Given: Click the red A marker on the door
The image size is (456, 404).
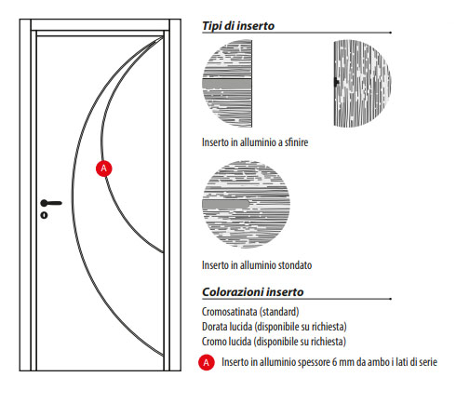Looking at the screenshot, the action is point(103,168).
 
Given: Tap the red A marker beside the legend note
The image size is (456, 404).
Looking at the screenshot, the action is point(207,362).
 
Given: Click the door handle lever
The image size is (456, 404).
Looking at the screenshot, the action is point(51,203).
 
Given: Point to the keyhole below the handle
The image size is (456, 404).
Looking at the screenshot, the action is point(44,215).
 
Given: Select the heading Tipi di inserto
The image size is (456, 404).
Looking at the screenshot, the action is point(238,26).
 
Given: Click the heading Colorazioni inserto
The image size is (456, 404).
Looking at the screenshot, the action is point(253,292).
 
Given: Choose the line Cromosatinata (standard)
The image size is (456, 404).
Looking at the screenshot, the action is point(250,312).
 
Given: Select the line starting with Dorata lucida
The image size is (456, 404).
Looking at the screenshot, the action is point(275,327).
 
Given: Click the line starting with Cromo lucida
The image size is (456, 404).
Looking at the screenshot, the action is point(274,342).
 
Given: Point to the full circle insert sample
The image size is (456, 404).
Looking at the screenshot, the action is point(246,205).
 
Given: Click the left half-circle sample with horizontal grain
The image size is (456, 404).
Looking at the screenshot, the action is point(227,83).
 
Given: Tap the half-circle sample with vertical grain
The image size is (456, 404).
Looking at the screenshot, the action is point(362,83).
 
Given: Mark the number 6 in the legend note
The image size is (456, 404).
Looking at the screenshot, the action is point(334,362).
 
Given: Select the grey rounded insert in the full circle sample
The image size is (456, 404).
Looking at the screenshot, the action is point(226,205).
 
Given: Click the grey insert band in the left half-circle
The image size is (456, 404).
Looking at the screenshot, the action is point(227,84).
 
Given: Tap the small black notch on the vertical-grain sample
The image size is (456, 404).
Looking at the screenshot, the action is point(336,82).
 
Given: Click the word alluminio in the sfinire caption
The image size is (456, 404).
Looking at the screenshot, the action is point(258,142).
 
